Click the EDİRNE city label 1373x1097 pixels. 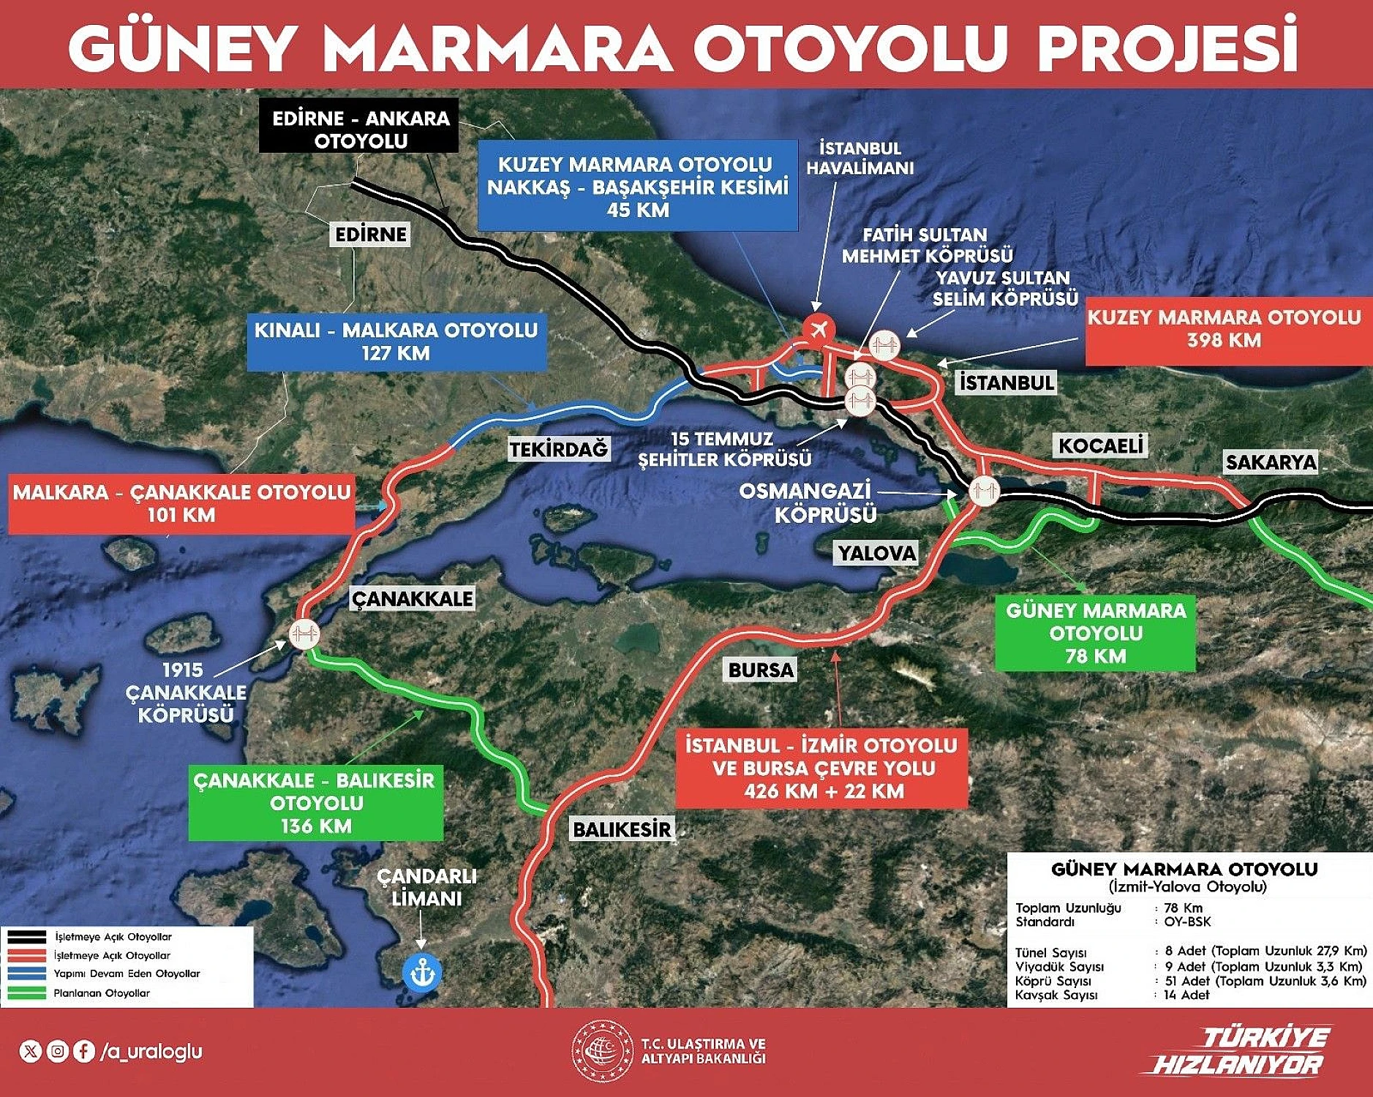370,234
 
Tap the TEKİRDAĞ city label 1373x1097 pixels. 558,449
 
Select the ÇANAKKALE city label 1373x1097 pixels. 412,599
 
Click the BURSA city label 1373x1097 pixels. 761,670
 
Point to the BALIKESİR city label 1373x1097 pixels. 621,829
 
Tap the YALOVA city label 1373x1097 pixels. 876,553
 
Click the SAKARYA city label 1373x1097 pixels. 1271,462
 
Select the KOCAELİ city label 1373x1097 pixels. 1100,445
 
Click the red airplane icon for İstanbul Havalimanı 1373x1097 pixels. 818,328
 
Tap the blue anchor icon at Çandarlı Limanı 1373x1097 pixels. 422,973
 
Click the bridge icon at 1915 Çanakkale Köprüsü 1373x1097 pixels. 304,633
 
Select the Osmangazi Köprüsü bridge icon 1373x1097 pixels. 984,491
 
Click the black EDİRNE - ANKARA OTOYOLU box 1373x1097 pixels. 360,129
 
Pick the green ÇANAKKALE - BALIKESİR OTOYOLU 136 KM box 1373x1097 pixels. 315,802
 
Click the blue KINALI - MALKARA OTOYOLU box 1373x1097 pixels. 396,342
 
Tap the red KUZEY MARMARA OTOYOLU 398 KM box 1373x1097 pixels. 1223,329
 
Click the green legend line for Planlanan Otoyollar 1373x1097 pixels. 28,993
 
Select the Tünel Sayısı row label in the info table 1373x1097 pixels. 1050,952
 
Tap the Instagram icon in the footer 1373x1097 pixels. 57,1052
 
